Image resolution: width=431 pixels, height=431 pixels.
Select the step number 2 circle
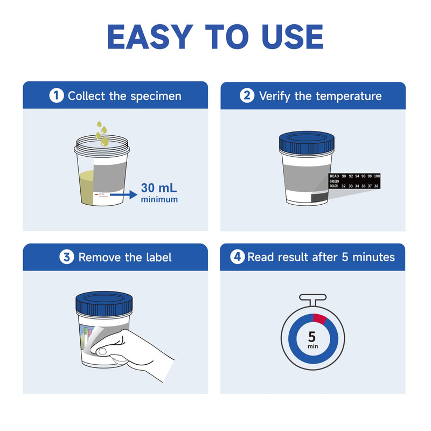247,96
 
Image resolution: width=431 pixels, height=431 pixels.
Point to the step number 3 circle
66,257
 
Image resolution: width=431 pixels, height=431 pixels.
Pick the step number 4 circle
238,257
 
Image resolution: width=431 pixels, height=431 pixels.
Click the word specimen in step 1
156,96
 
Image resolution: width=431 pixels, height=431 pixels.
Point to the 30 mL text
159,189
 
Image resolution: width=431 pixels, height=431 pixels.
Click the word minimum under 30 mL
159,200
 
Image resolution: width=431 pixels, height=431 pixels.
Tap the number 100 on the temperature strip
377,176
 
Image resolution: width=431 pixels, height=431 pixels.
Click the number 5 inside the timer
312,337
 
